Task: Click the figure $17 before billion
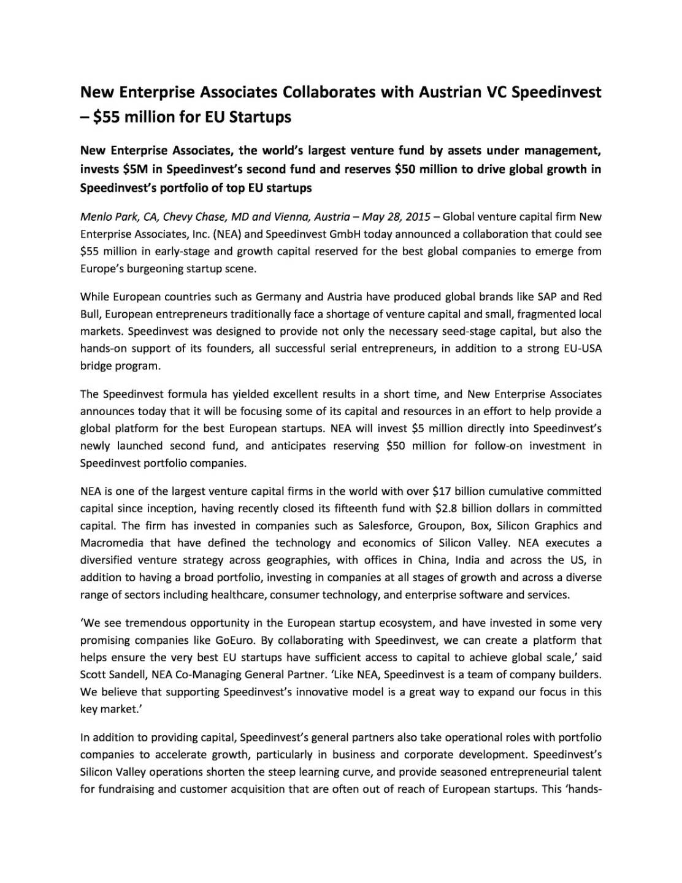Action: (442, 491)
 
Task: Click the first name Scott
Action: (93, 675)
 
